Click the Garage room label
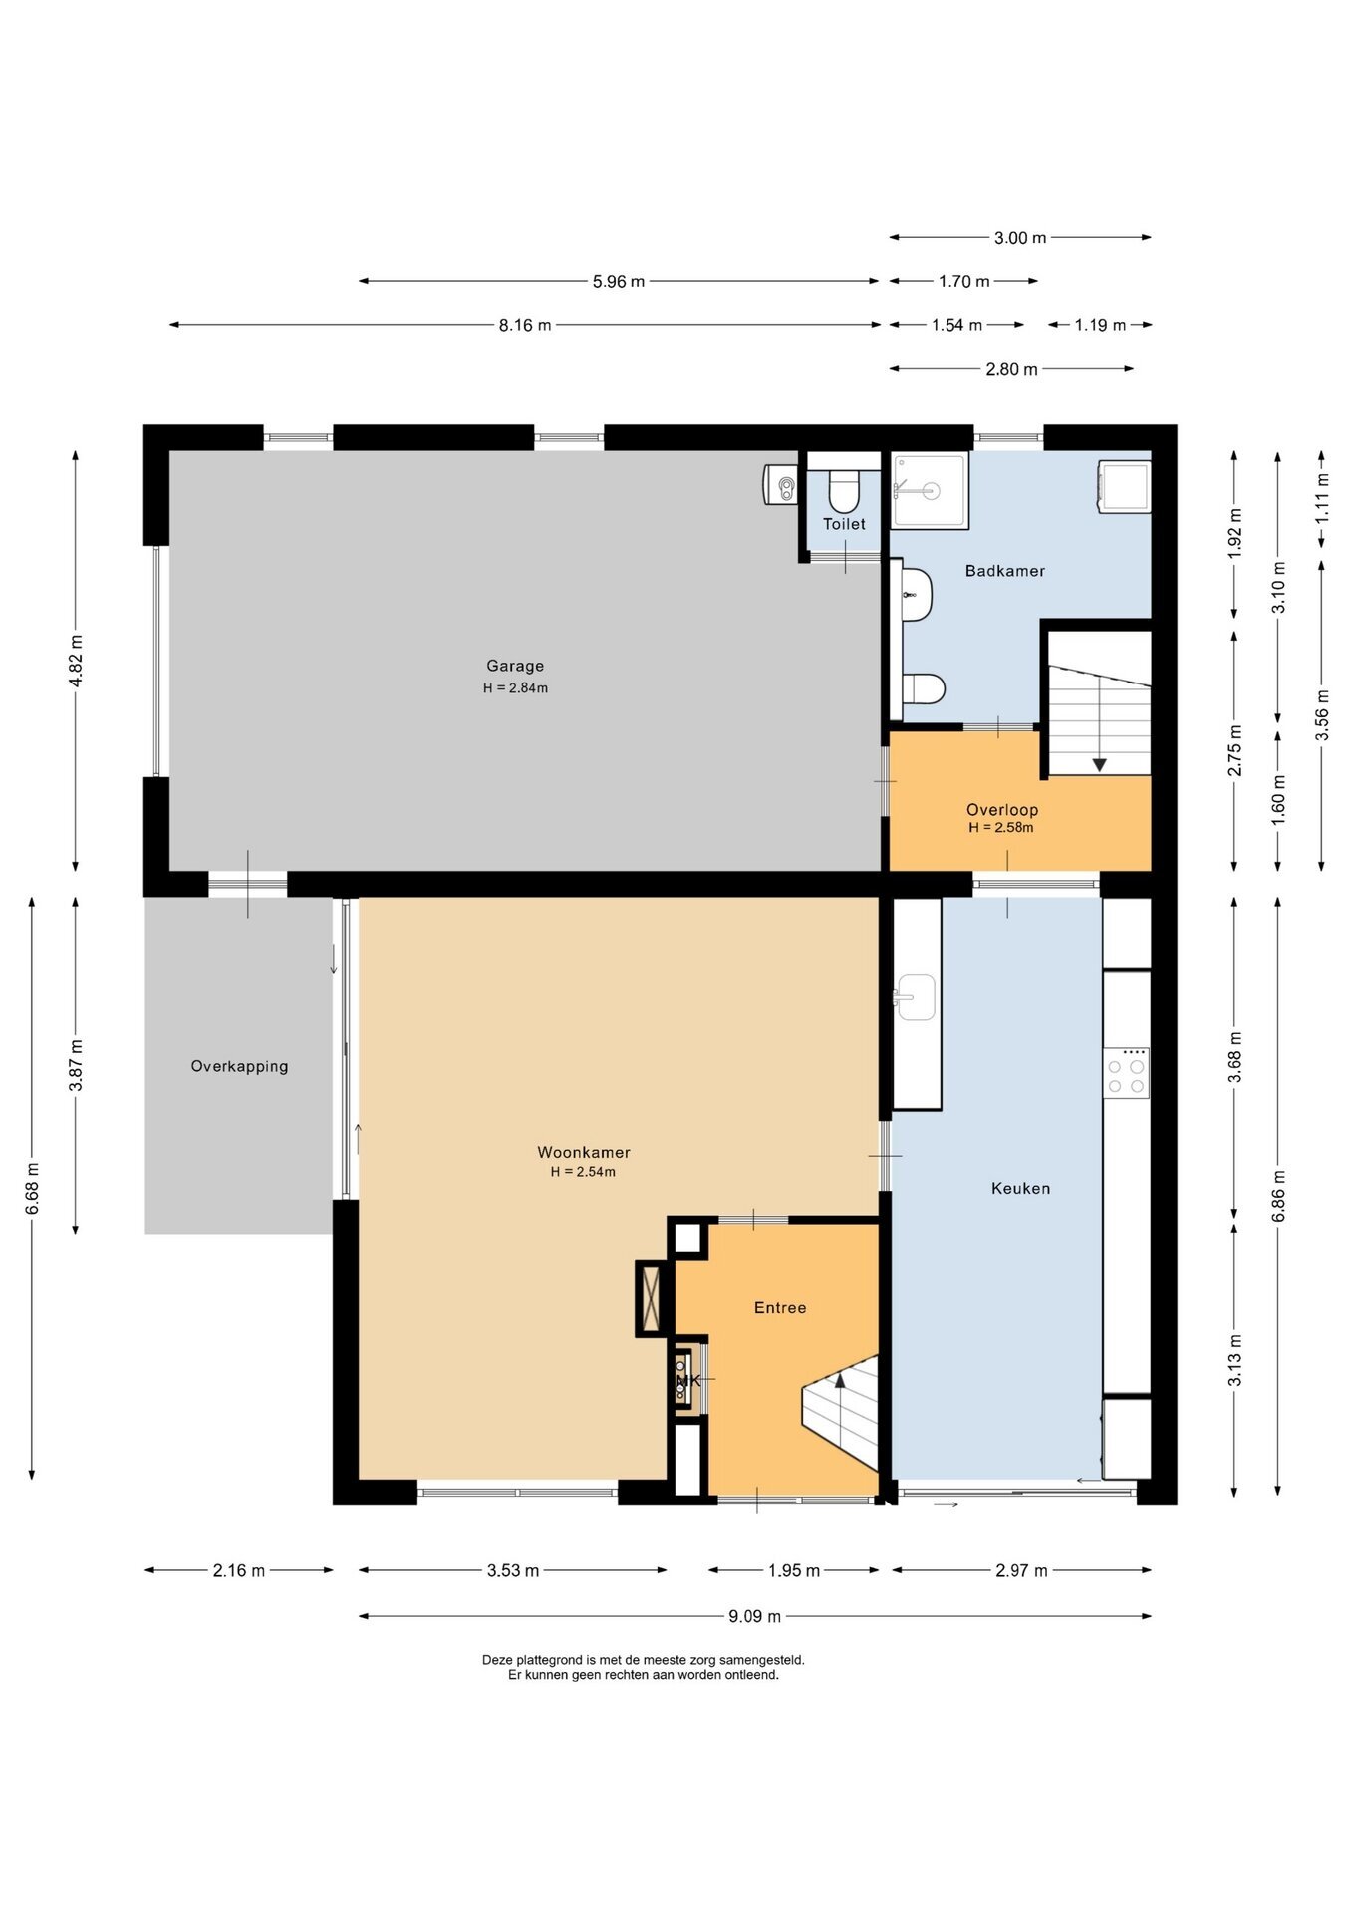tap(515, 666)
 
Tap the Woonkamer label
tap(584, 1152)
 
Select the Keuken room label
tap(1020, 1188)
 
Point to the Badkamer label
tap(1005, 571)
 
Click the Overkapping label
tap(239, 1066)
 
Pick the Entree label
tap(780, 1307)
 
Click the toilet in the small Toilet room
tap(844, 488)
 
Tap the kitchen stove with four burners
tap(1126, 1072)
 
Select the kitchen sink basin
tap(915, 996)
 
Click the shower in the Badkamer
tap(930, 490)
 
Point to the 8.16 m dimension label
tap(525, 325)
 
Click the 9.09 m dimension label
tap(754, 1616)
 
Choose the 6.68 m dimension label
tap(33, 1188)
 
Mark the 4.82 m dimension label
tap(76, 660)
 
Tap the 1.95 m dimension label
tap(794, 1571)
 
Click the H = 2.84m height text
tap(515, 687)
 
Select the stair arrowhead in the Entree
tap(839, 1379)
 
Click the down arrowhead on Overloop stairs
tap(1099, 764)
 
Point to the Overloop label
tap(1002, 810)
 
